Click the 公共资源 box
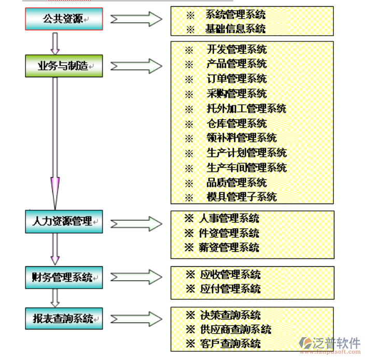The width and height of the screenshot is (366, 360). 64,19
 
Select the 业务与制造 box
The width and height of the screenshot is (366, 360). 64,66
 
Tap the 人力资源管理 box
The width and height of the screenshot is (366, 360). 64,222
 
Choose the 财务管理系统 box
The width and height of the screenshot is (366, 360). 64,277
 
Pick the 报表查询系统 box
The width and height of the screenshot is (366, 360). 64,318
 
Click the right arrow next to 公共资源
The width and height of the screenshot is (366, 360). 136,19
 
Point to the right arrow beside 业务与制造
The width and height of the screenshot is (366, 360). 136,66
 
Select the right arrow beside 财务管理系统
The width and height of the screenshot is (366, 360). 136,277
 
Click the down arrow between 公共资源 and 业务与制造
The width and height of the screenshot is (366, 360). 55,42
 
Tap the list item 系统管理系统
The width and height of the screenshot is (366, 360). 236,15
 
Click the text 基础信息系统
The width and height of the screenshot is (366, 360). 236,29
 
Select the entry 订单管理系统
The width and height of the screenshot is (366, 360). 236,79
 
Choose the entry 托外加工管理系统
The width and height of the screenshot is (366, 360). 246,109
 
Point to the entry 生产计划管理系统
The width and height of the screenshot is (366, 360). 246,153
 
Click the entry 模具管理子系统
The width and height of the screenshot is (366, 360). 242,197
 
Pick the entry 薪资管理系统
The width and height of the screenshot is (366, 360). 229,248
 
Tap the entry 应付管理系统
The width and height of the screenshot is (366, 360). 230,289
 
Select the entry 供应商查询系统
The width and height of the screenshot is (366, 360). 235,329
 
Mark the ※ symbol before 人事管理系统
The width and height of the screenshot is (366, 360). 189,219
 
